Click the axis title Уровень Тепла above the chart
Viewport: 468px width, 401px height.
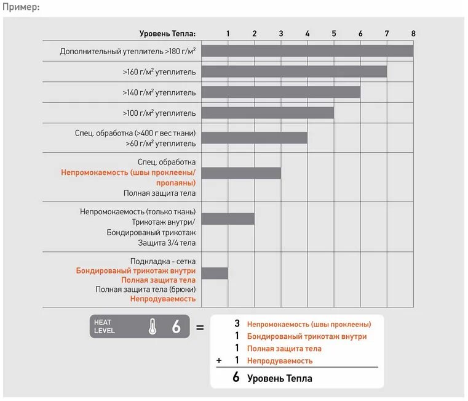[x=167, y=33]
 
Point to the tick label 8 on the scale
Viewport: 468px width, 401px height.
[x=413, y=33]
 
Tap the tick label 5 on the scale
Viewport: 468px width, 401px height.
[x=334, y=33]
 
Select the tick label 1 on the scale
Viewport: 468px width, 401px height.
[x=228, y=33]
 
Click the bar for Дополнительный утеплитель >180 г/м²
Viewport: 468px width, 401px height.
[x=307, y=51]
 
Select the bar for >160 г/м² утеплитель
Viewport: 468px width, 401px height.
[x=294, y=71]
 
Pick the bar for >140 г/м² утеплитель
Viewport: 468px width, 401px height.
[x=281, y=92]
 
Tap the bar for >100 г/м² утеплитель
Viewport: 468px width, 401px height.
[x=268, y=113]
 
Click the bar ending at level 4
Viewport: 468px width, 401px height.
[x=255, y=137]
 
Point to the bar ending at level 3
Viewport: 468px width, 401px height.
[x=241, y=173]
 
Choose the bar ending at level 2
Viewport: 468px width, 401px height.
[x=228, y=219]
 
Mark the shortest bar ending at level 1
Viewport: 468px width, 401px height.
[x=215, y=273]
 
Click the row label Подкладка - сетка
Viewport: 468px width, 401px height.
[x=163, y=261]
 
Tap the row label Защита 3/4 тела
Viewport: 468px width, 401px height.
[x=167, y=243]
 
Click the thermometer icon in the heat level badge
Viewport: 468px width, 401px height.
[x=153, y=327]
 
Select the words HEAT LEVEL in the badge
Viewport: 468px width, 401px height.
[x=105, y=326]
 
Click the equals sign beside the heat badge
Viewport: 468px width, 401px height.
[x=199, y=327]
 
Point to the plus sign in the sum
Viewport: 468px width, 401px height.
[x=219, y=360]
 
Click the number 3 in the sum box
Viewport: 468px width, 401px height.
[x=237, y=323]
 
